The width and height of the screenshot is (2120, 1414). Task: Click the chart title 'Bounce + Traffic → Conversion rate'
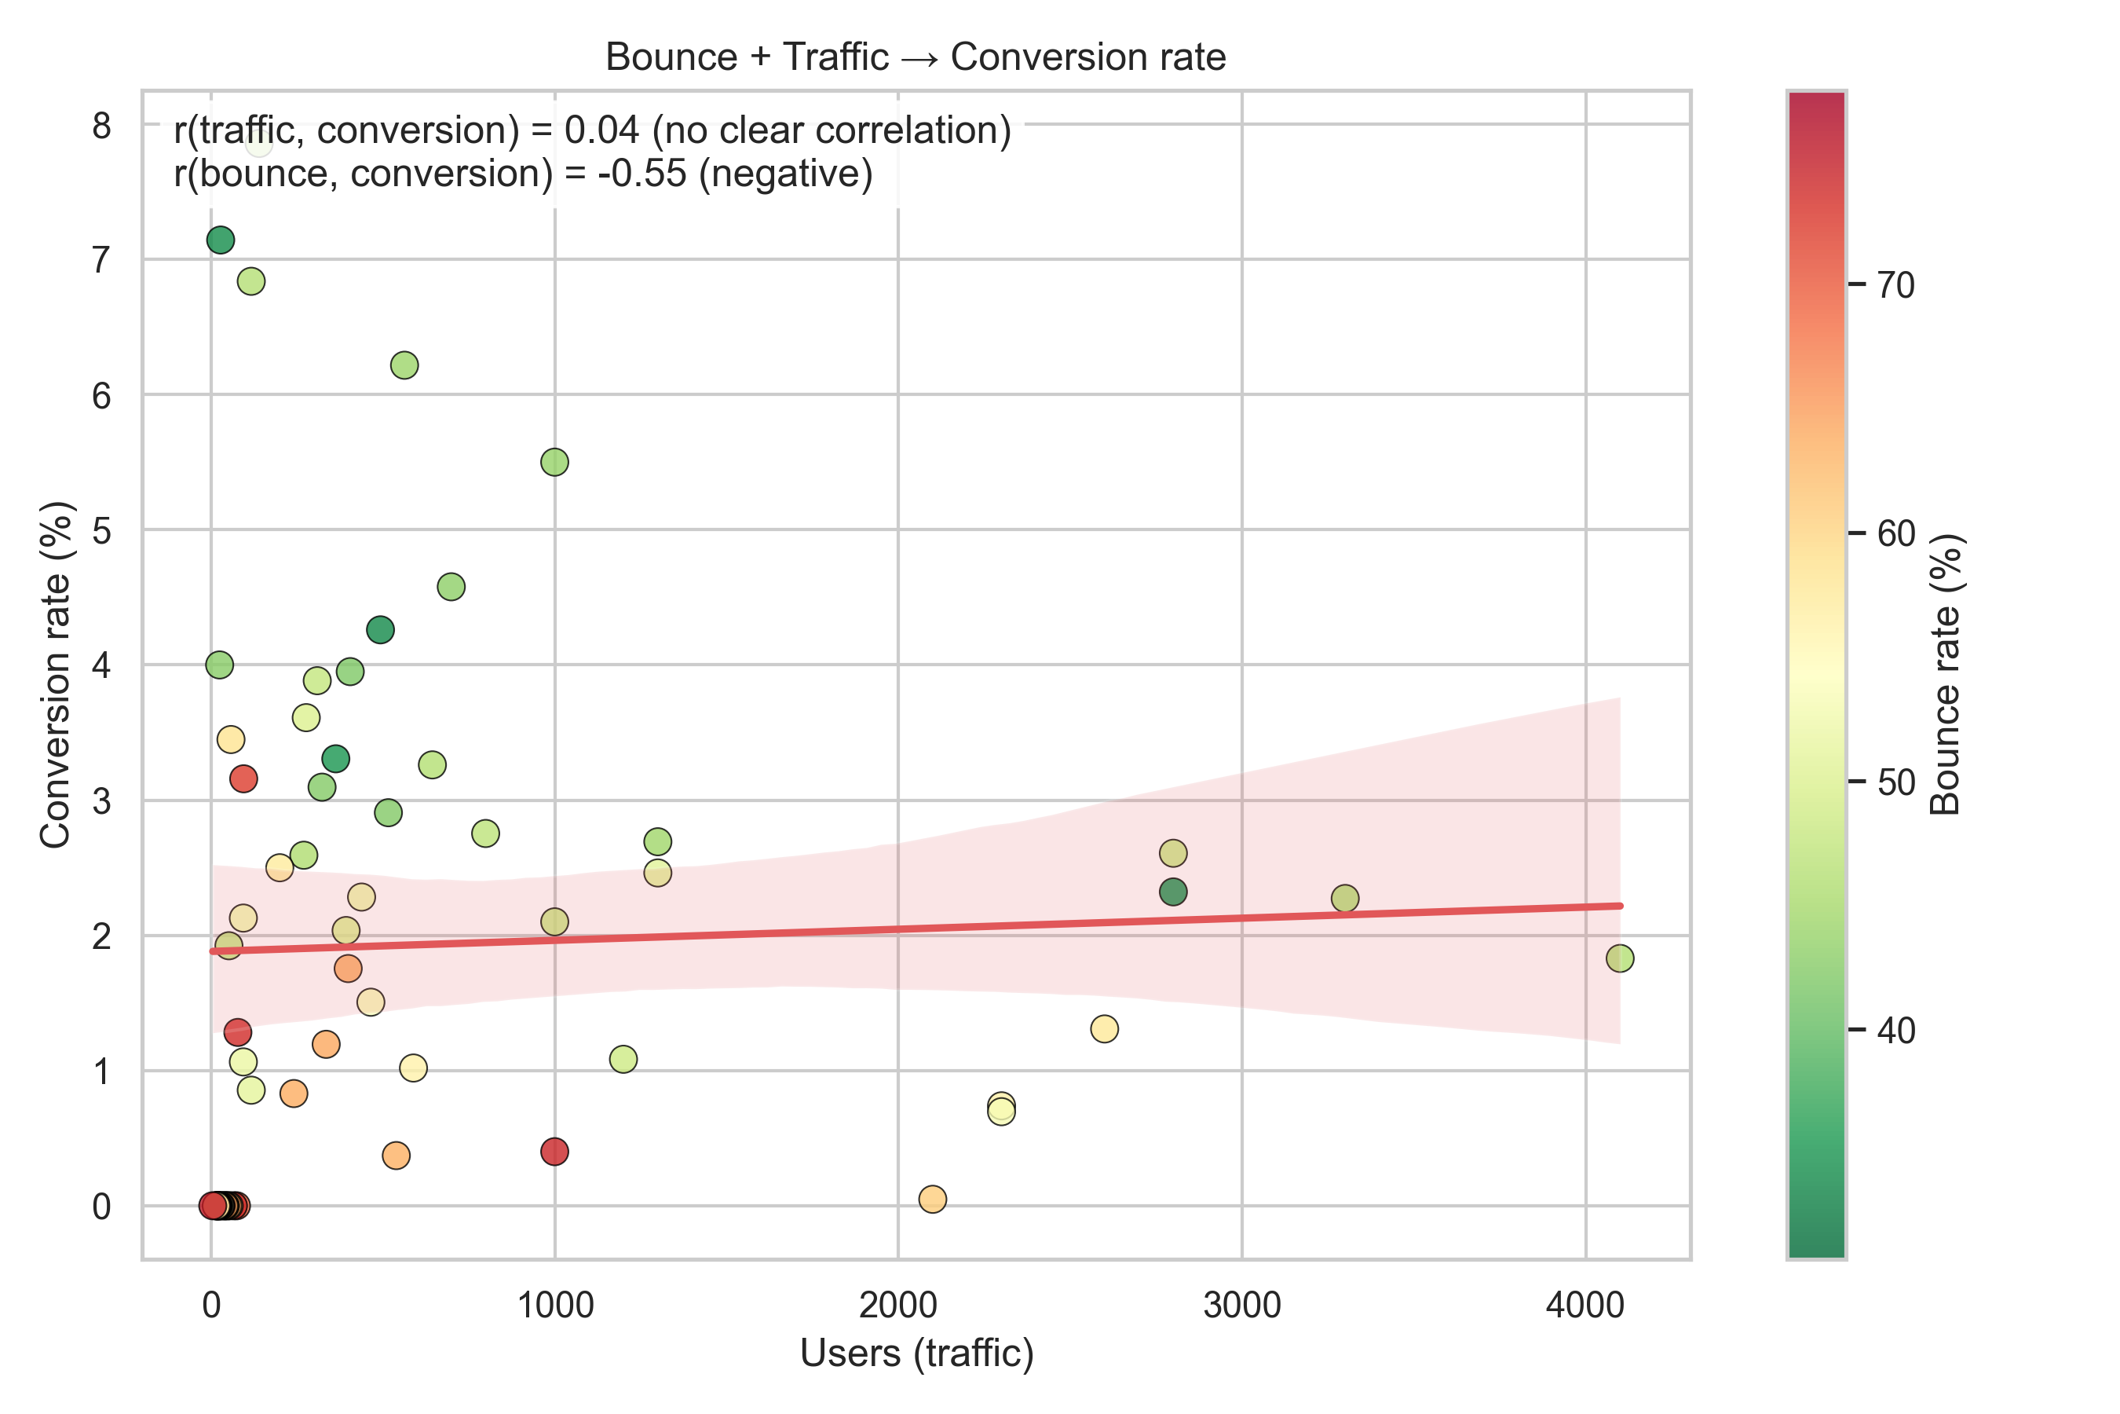pos(915,57)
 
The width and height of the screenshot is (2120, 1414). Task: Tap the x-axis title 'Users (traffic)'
pos(916,1353)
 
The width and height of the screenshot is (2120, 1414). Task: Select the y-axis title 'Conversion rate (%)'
pos(56,675)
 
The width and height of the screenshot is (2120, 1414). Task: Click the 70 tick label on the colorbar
pos(1896,285)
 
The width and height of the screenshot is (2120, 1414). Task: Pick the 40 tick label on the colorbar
pos(1896,1030)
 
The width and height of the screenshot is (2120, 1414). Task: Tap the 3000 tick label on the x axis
pos(1241,1305)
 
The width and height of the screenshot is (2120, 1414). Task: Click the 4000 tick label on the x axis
pos(1585,1305)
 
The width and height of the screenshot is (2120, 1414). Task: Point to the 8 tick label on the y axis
pos(101,126)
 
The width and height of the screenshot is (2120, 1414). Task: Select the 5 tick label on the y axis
pos(101,530)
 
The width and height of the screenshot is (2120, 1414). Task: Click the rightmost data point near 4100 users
pos(1620,958)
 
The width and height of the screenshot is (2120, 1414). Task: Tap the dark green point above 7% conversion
pos(221,240)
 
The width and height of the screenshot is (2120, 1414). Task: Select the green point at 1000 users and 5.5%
pos(554,462)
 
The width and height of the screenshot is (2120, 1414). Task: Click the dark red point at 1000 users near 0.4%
pos(554,1152)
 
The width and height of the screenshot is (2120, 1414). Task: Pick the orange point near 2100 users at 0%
pos(932,1200)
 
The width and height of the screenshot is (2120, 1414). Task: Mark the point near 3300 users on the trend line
pos(1345,898)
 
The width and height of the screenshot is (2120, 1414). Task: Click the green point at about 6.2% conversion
pos(404,365)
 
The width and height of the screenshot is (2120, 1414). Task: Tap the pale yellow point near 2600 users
pos(1104,1029)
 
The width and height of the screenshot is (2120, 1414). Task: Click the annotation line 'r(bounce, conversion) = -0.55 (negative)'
pos(523,173)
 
